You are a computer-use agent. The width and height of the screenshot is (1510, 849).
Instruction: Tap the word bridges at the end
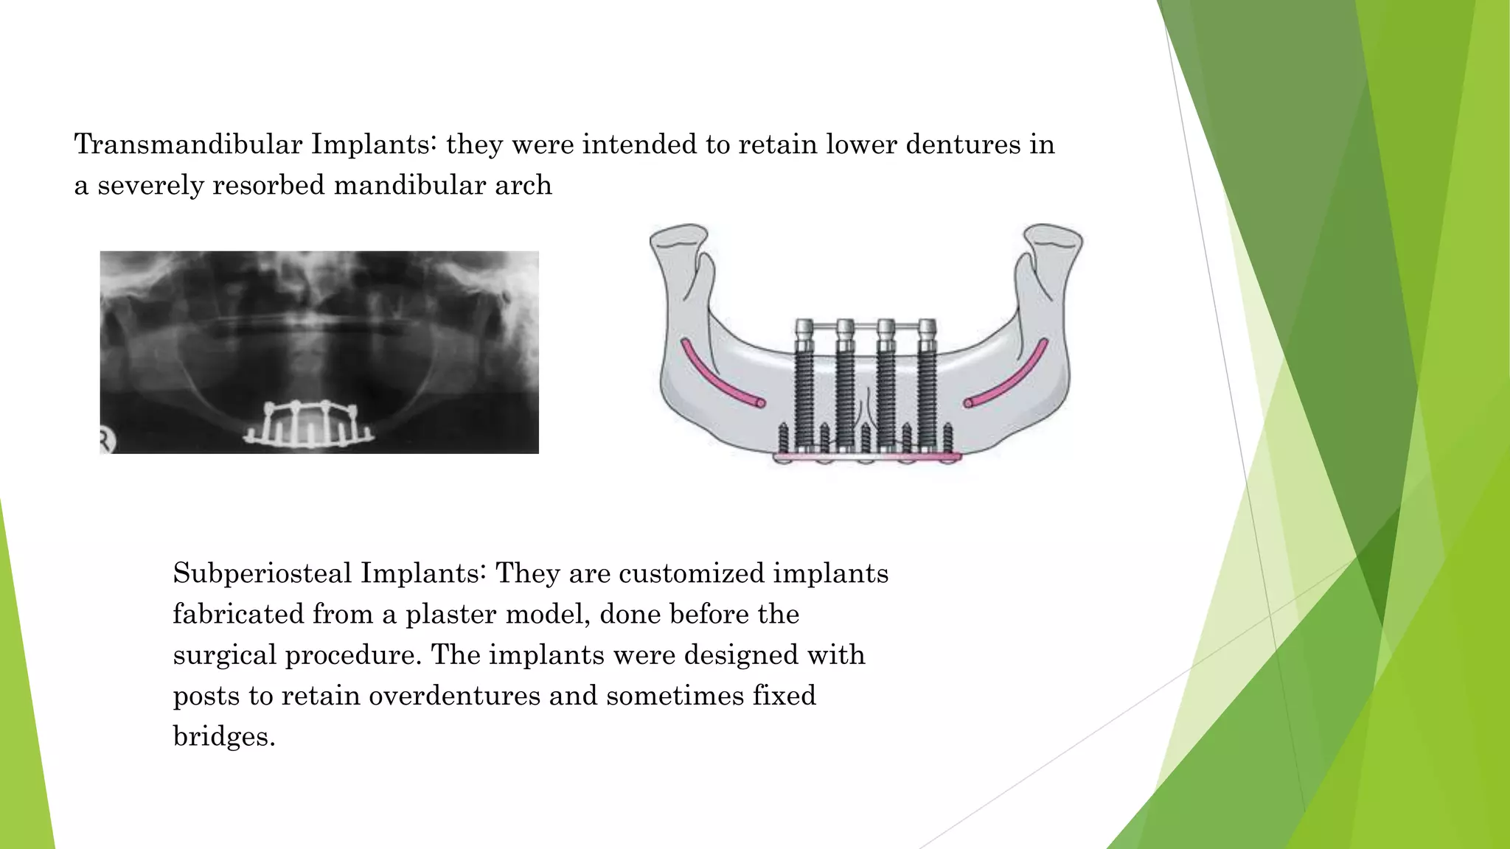(223, 737)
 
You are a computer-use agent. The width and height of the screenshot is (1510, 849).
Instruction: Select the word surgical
(224, 655)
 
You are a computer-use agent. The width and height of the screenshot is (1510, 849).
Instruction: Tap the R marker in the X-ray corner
(107, 441)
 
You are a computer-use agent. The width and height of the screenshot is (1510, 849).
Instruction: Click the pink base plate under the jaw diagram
(867, 458)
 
